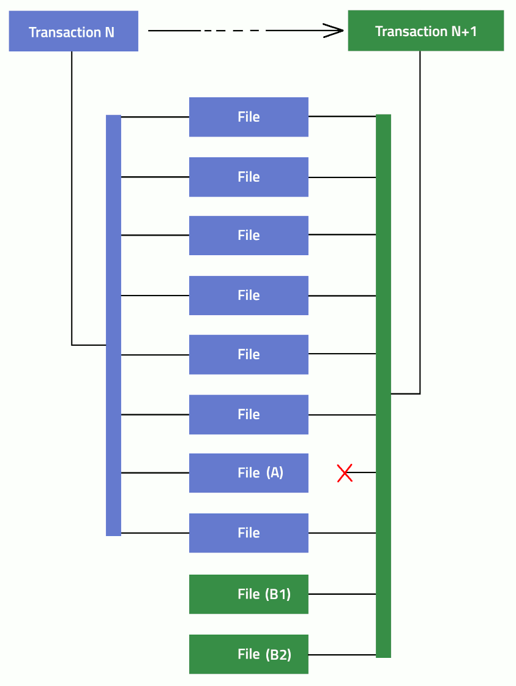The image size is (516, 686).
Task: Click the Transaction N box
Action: [73, 31]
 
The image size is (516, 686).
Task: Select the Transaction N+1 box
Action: [425, 31]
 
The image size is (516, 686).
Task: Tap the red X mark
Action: [345, 473]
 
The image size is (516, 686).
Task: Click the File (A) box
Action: [249, 473]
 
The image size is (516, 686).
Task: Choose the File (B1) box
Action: [249, 594]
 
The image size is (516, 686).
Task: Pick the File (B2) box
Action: [249, 654]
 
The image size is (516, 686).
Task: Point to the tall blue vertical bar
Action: [113, 325]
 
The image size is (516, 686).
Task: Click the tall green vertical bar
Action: [383, 386]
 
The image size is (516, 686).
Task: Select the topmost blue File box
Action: [249, 117]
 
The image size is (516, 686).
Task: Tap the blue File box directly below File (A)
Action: [249, 533]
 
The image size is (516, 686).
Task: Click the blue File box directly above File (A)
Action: [249, 414]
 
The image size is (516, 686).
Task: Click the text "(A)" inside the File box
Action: [275, 472]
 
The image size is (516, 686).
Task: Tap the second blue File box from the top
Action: [249, 177]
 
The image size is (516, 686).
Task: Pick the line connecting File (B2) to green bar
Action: [342, 655]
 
